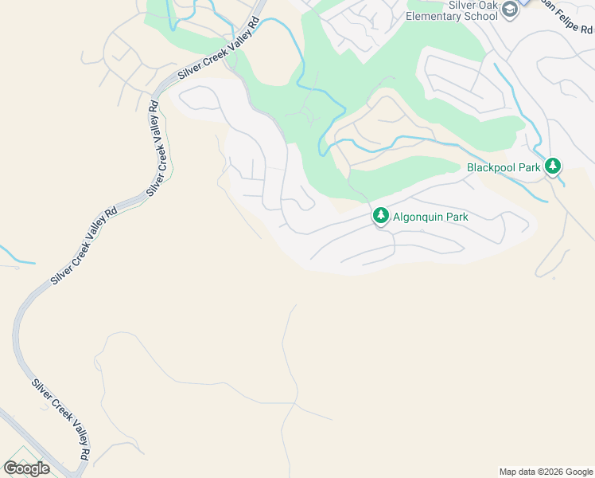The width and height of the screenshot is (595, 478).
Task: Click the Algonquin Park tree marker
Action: click(x=381, y=216)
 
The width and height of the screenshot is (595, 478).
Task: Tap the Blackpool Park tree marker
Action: click(x=553, y=167)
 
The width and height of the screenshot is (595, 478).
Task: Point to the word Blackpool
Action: click(x=492, y=167)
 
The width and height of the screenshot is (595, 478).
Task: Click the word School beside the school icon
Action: click(x=481, y=15)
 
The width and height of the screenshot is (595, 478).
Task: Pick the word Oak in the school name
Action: click(x=488, y=4)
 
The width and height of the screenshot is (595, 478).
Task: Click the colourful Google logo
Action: click(x=26, y=468)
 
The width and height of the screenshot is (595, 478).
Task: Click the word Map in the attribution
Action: click(x=508, y=472)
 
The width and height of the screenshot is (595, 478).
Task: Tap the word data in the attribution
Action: click(x=526, y=472)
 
